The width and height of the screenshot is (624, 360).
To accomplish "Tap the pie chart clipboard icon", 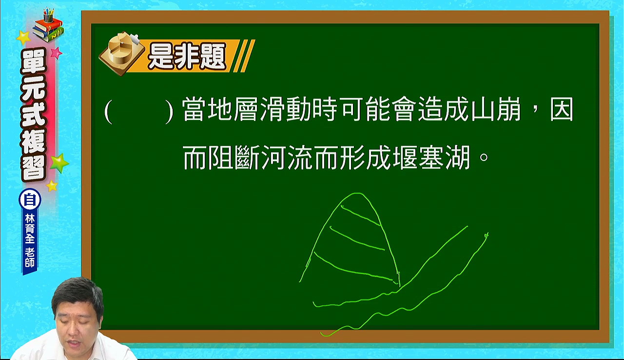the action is coord(121,54).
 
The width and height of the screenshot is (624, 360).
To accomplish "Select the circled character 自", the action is coord(30,200).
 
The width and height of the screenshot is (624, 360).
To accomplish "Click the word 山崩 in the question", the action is coord(496,109).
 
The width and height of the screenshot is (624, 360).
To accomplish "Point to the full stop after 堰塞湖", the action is coord(484,157).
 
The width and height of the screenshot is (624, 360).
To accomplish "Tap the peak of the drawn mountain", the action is coord(356,193).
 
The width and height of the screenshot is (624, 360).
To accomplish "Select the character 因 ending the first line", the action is coord(562,109).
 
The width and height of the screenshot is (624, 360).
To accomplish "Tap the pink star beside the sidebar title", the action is coord(56,53).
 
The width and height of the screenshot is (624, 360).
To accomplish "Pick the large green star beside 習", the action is coord(59,163).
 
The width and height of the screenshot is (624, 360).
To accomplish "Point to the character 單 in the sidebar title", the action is coord(34,63).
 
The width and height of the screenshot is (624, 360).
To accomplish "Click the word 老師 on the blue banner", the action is coord(30,258).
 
